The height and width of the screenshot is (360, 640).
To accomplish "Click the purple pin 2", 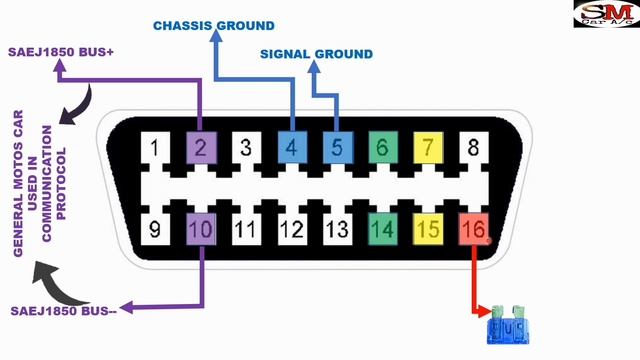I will [x=201, y=150].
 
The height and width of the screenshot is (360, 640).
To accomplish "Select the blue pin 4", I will [x=291, y=150].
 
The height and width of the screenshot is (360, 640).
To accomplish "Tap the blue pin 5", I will [x=337, y=150].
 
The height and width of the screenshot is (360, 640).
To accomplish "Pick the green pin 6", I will [x=382, y=150].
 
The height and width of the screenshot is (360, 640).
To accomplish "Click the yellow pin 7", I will [x=427, y=150].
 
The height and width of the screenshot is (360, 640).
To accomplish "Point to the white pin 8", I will [x=473, y=150].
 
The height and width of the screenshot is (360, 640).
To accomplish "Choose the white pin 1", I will [x=155, y=150].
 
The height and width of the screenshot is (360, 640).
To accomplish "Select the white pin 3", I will [x=246, y=150].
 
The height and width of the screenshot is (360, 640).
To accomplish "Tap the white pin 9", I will [x=155, y=230].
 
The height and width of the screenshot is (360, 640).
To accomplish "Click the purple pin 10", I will [x=201, y=230].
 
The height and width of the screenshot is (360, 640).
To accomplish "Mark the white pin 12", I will [x=291, y=230].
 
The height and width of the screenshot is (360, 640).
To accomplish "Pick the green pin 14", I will [x=382, y=230].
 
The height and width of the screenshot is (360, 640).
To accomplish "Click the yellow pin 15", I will [x=427, y=230].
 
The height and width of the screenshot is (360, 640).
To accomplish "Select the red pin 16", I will [x=473, y=230].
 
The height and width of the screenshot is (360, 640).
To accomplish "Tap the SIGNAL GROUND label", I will [x=316, y=54].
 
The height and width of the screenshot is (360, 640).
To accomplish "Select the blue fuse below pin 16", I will [x=507, y=326].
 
